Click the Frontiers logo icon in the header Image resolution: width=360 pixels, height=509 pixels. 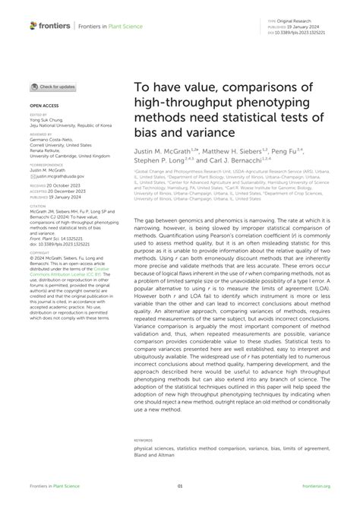click(33, 26)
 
